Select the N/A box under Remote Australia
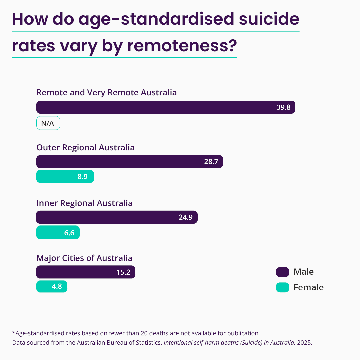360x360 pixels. click(48, 123)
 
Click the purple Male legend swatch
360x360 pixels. click(282, 272)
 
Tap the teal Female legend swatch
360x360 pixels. click(282, 287)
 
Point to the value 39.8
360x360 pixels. click(283, 107)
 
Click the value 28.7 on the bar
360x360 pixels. click(211, 162)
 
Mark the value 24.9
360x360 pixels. click(186, 217)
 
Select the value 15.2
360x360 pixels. click(123, 272)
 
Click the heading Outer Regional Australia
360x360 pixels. click(85, 147)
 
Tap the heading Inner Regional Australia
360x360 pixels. click(84, 203)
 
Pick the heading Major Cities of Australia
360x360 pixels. click(84, 258)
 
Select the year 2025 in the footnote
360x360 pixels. click(304, 342)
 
